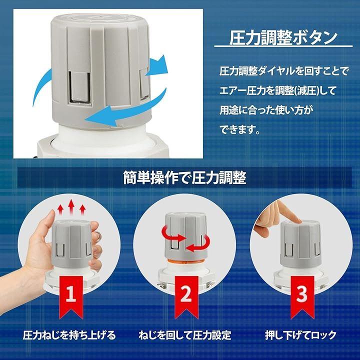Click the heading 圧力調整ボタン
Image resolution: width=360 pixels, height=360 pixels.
click(x=283, y=38)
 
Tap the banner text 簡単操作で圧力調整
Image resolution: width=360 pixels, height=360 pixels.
click(x=185, y=177)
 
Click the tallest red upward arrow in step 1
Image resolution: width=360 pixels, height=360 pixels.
click(x=71, y=207)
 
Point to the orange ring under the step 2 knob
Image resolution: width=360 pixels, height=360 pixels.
click(x=186, y=261)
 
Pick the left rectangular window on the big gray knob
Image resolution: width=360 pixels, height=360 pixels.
click(x=79, y=87)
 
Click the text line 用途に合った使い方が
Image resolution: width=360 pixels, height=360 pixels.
click(x=266, y=110)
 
